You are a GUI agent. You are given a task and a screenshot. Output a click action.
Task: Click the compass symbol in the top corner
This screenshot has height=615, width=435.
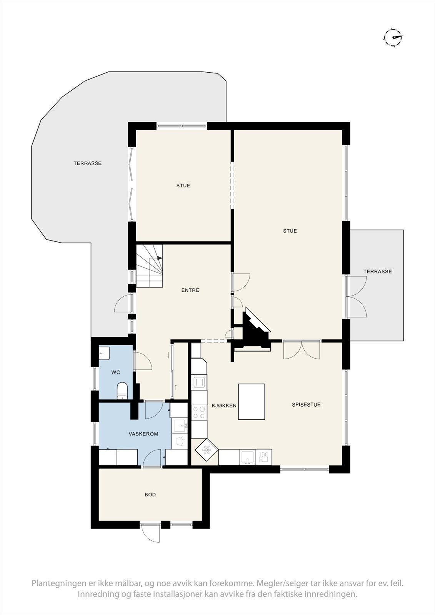pos(393,37)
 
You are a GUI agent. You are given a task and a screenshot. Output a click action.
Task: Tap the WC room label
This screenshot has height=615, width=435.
pos(116,372)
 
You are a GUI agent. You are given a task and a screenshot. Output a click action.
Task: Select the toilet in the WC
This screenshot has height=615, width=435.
pos(122,391)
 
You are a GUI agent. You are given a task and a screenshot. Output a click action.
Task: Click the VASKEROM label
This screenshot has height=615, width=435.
pos(143,434)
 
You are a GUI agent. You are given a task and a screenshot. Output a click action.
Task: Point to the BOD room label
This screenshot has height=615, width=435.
pos(150,494)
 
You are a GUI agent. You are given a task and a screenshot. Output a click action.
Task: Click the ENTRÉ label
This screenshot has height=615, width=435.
pos(190,290)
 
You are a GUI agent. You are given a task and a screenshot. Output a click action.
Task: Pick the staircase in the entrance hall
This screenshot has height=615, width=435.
pos(149,265)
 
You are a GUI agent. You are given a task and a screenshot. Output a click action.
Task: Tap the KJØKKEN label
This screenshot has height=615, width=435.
pos(224,405)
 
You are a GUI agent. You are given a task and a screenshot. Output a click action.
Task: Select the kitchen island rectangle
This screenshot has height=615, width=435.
pos(252,401)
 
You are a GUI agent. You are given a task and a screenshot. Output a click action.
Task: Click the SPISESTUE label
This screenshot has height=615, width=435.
pos(306,404)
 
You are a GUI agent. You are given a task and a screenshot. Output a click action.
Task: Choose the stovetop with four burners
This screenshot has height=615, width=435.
pos(199,412)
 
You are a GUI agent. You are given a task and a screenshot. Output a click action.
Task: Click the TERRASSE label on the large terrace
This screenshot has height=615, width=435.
pos(88,163)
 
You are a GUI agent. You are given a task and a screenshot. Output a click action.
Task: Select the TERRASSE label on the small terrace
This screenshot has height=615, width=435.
pos(378,271)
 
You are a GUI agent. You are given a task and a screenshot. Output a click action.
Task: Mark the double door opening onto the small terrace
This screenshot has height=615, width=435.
pos(356,296)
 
